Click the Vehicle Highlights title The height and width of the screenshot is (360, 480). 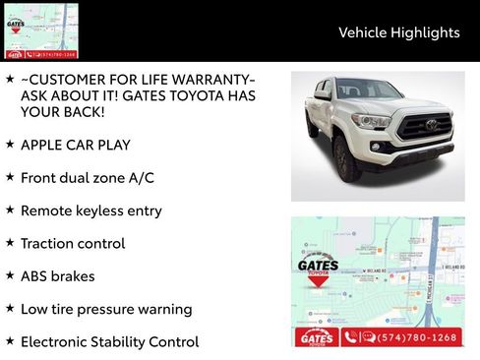tap(398, 32)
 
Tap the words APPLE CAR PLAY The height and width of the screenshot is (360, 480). tap(77, 145)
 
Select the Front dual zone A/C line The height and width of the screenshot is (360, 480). tap(87, 178)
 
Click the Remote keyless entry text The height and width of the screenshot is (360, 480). tap(90, 210)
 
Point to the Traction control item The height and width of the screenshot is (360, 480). tap(75, 243)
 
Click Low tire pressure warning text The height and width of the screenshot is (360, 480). tap(105, 309)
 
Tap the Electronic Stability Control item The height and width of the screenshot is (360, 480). tap(109, 342)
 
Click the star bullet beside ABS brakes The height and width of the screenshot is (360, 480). tap(10, 275)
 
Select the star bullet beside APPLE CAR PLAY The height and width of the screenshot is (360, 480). tap(10, 144)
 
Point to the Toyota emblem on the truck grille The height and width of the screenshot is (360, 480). tap(431, 125)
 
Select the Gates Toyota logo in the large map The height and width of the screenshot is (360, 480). tap(318, 270)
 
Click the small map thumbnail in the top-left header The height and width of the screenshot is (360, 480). tap(41, 30)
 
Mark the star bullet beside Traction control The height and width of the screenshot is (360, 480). tap(10, 243)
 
